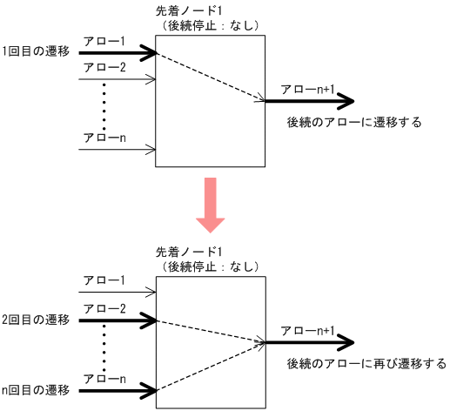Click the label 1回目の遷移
36,53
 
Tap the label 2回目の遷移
36,320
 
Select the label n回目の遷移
36,389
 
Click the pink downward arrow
211,205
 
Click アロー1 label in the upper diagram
104,41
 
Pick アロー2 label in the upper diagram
104,67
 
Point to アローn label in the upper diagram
104,138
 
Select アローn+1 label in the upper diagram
307,90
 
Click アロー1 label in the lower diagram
104,280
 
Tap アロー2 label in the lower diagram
104,308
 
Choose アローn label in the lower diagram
104,379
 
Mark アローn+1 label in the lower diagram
307,330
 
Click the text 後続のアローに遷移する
353,123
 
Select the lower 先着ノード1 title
187,251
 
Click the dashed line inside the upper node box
209,76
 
